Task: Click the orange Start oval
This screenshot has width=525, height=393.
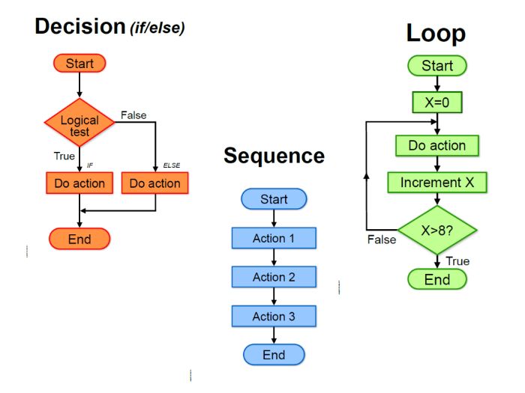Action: pos(79,63)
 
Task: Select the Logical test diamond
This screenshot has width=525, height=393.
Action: pos(79,123)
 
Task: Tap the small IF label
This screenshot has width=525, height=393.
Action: pos(90,165)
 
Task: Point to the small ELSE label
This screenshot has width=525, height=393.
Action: pos(172,165)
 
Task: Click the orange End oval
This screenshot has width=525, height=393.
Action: pos(79,239)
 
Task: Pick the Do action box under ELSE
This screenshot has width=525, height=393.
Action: pos(155,183)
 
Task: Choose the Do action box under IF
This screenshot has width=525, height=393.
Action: pos(79,183)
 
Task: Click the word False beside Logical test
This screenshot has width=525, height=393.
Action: pos(133,115)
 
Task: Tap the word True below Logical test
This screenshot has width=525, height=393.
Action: pos(64,156)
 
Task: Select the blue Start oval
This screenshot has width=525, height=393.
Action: pos(274,199)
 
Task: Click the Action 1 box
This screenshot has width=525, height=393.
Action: pos(274,238)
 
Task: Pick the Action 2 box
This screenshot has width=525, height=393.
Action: pos(274,277)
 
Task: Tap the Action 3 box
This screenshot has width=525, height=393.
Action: pos(274,316)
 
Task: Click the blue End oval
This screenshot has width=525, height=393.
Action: pos(274,355)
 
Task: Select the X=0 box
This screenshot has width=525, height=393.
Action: pos(437,103)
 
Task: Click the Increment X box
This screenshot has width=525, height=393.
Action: pos(437,183)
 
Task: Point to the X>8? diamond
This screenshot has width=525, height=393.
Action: pos(437,231)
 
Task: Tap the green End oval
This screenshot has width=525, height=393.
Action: pos(437,279)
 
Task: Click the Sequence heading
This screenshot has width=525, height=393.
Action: pos(274,156)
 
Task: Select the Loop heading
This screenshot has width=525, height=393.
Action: pos(436,34)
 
